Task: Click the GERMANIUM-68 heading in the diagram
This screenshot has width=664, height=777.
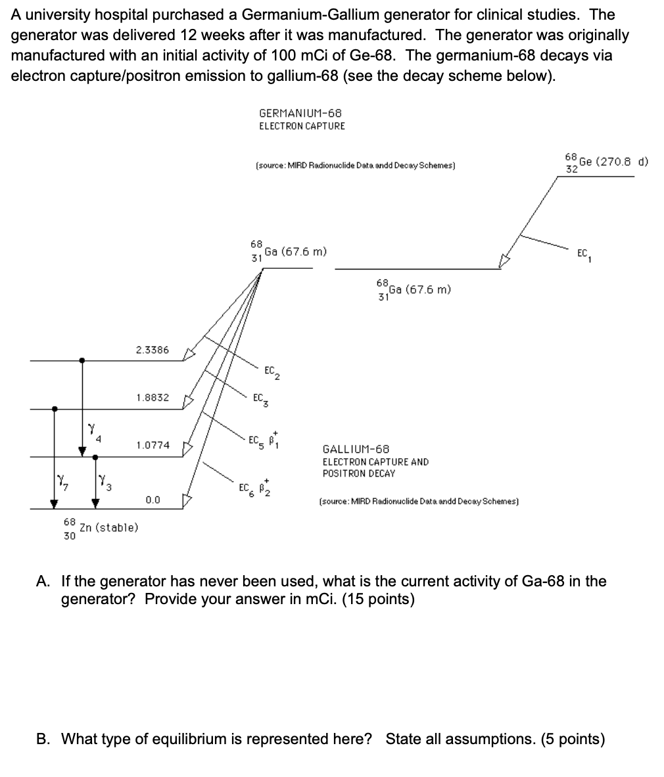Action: click(300, 114)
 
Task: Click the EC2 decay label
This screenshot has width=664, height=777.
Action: click(272, 372)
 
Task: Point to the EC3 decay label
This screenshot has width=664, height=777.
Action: click(260, 399)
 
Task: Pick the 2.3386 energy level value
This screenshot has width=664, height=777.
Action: click(153, 350)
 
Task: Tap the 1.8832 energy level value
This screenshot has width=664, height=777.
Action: click(153, 398)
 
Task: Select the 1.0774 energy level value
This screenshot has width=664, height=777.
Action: click(153, 445)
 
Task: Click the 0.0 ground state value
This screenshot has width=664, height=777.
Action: click(153, 500)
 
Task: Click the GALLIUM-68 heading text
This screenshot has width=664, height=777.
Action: click(356, 449)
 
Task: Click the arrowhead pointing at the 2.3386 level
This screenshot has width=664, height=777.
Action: click(189, 354)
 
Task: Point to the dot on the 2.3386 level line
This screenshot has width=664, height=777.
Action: click(82, 360)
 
